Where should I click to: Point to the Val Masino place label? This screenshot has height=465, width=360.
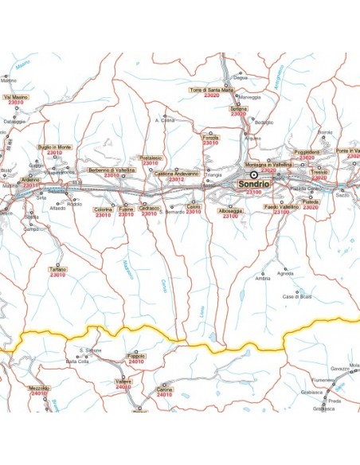click(16, 96)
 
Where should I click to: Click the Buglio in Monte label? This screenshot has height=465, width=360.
click(55, 147)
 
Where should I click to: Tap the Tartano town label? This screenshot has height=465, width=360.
click(58, 269)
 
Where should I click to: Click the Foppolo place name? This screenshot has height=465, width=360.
click(137, 356)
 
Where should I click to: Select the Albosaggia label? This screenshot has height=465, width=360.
click(231, 211)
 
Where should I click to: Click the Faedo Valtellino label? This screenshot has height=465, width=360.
click(281, 206)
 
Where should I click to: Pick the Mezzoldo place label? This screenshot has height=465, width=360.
click(38, 388)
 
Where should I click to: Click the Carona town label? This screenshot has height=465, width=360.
click(164, 389)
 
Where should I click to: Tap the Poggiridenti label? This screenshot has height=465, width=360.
click(307, 151)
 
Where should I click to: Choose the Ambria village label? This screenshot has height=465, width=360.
click(263, 279)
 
